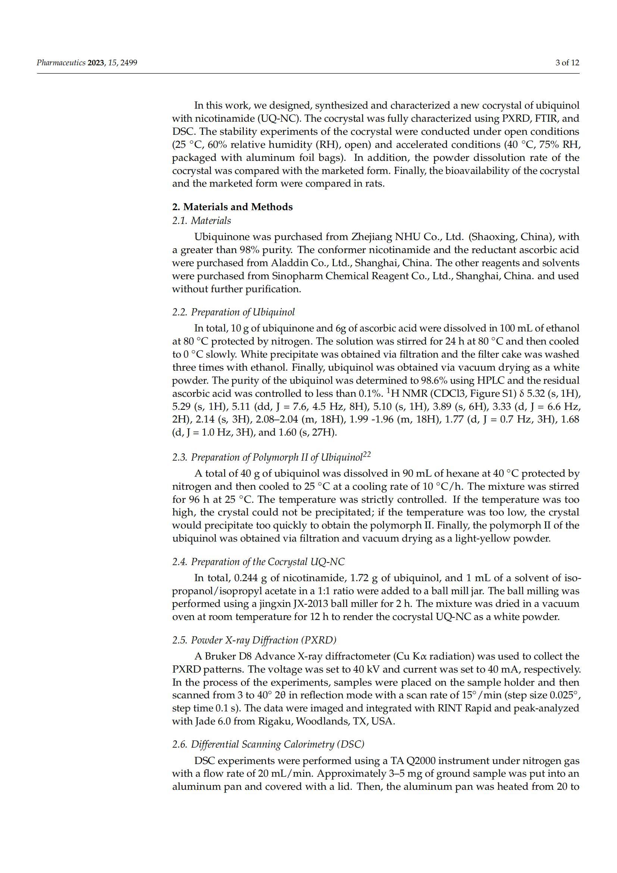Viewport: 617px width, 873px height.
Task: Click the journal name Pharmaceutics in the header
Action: click(61, 63)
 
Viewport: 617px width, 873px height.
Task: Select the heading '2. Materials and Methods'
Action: click(232, 207)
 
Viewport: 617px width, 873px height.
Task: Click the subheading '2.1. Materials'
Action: click(201, 221)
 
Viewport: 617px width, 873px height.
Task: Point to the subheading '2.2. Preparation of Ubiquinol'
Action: click(233, 312)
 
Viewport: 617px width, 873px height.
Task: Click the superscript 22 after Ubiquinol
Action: click(367, 454)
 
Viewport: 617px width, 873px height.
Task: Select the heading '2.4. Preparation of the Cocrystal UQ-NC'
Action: click(259, 562)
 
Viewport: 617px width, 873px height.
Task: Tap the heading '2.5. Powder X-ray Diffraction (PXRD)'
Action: click(254, 640)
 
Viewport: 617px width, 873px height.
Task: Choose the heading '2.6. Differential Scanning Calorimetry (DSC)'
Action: click(268, 744)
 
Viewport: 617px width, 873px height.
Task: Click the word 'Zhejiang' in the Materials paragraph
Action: click(372, 237)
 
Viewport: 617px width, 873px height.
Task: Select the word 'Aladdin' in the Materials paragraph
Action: click(287, 263)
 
